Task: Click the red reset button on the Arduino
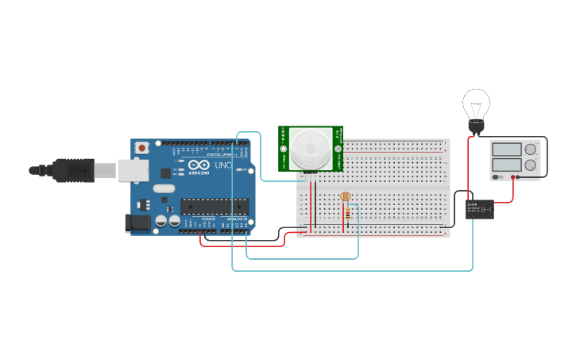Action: (142, 147)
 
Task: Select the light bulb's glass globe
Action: (477, 103)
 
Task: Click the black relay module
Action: (479, 209)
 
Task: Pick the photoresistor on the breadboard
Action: (345, 197)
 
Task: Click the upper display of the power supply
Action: (507, 149)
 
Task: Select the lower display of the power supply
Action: (507, 164)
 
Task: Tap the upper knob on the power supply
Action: (532, 149)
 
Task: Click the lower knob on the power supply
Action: (532, 164)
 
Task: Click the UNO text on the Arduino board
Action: (222, 165)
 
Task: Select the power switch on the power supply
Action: (497, 176)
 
